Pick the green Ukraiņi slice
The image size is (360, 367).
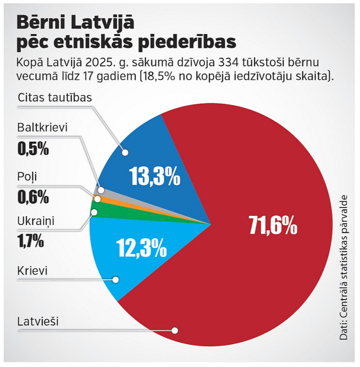132,215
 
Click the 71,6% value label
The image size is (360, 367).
273,225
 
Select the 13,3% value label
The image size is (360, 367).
155,176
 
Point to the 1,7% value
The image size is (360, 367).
31,240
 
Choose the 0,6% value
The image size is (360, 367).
33,197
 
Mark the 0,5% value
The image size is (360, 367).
33,149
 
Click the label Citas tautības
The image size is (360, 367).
55,97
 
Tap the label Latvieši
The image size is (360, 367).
38,321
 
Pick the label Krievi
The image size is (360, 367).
32,270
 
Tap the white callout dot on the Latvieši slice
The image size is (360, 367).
175,331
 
